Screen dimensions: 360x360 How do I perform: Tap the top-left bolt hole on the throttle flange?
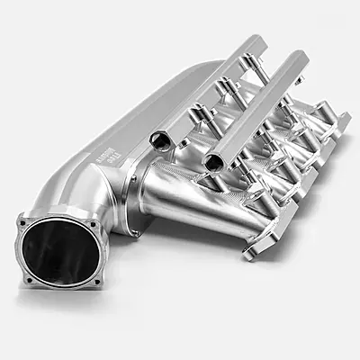pos(26,219)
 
